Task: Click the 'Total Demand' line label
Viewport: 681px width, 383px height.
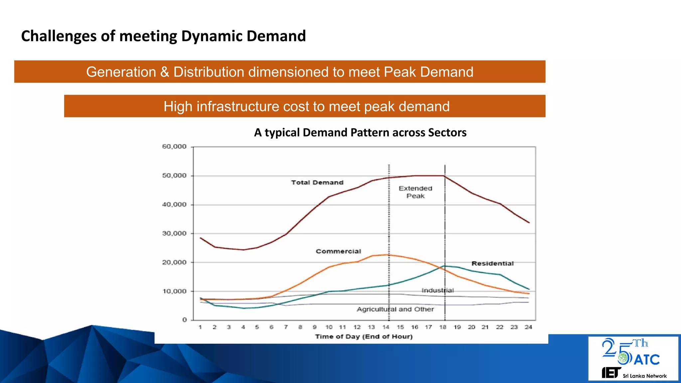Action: point(317,183)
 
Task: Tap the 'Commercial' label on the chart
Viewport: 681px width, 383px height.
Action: point(338,251)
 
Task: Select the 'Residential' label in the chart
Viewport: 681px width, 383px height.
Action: point(492,264)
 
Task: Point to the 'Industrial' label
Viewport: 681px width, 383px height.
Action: point(438,291)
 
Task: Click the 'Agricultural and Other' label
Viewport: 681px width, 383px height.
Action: point(395,309)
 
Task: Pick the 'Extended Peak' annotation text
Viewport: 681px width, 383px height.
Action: point(415,192)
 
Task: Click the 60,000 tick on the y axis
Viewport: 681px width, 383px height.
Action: point(174,147)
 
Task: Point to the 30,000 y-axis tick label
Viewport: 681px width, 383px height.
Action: point(174,233)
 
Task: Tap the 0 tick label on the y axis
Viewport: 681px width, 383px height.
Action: point(185,320)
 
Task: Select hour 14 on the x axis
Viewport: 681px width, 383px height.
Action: point(386,327)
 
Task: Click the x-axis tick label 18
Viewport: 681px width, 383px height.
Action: point(443,327)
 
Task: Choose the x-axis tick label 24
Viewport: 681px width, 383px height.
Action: point(528,327)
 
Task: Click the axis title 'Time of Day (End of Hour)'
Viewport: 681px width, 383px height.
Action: point(364,336)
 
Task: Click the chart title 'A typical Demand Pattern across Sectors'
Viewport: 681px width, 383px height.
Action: point(360,132)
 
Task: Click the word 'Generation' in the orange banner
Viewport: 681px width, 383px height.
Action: point(121,72)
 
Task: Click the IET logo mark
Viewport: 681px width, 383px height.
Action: point(611,373)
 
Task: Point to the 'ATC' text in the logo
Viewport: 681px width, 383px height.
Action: point(646,360)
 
